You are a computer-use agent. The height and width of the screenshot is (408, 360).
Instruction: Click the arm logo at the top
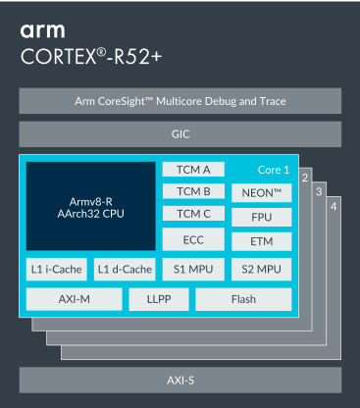[x=42, y=30]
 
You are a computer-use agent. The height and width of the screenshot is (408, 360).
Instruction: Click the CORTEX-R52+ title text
[x=91, y=56]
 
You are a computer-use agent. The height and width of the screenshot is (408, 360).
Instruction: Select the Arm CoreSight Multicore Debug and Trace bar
[x=180, y=101]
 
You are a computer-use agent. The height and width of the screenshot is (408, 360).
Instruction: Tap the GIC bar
[x=180, y=134]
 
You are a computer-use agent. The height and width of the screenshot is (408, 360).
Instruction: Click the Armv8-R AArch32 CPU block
[x=91, y=206]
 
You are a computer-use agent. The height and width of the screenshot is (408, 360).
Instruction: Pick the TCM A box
[x=193, y=170]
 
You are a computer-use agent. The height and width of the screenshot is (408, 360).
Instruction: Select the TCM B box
[x=193, y=191]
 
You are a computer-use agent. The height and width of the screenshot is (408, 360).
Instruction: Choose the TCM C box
[x=193, y=214]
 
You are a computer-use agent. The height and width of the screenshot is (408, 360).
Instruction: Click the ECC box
[x=193, y=239]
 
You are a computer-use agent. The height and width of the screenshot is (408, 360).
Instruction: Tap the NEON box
[x=262, y=193]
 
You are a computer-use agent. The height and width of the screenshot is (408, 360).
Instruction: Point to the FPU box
[x=262, y=217]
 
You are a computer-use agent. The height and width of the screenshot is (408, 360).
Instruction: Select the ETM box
[x=262, y=241]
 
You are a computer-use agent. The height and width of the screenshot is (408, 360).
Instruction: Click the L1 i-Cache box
[x=57, y=270]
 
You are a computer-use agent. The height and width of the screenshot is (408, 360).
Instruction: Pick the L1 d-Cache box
[x=125, y=270]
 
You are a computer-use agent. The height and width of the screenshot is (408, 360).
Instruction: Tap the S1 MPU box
[x=193, y=270]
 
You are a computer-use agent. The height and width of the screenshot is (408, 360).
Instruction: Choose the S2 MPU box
[x=262, y=270]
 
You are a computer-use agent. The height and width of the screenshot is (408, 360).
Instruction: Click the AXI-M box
[x=75, y=299]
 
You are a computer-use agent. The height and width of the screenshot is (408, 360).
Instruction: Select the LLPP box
[x=159, y=299]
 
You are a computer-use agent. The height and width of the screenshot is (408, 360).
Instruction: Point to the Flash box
[x=243, y=299]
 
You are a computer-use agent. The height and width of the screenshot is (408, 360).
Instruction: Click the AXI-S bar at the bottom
[x=180, y=381]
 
